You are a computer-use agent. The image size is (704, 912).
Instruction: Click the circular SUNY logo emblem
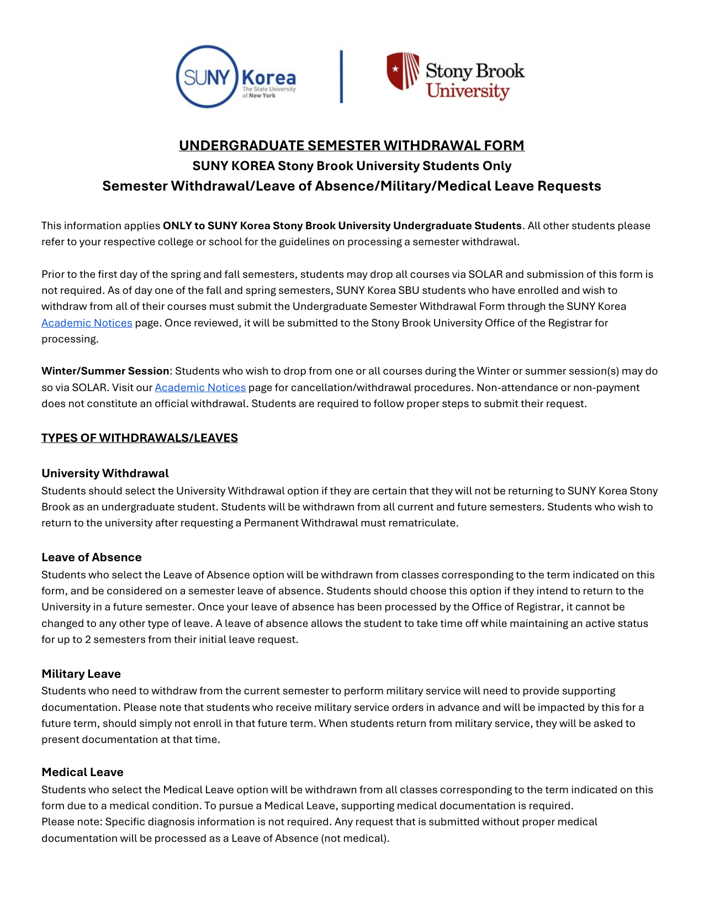tap(207, 77)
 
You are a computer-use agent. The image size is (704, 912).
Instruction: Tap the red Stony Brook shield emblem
tap(403, 71)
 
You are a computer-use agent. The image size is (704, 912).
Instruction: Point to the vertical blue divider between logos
tap(341, 77)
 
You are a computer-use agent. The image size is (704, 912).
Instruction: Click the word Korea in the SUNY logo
tap(269, 77)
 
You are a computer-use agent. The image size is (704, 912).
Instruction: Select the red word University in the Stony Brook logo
tap(468, 91)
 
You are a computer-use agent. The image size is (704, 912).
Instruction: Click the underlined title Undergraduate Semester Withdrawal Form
tap(352, 145)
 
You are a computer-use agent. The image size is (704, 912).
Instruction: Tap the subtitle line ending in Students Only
tap(352, 166)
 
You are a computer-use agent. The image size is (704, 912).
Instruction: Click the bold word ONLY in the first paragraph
tap(177, 225)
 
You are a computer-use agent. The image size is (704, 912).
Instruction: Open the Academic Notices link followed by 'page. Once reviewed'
tap(87, 323)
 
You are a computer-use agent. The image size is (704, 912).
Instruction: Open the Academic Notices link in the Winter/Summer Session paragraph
tap(200, 387)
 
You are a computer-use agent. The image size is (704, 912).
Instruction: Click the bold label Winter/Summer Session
tap(105, 371)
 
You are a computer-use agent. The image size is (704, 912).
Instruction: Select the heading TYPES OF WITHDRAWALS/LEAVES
tap(140, 437)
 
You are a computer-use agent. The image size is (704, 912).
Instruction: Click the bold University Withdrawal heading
tap(105, 473)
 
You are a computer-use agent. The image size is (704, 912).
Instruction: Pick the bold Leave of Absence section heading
tap(92, 557)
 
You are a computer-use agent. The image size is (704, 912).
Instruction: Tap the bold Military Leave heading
tap(81, 673)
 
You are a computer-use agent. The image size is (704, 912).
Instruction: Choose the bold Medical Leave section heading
tap(82, 772)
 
